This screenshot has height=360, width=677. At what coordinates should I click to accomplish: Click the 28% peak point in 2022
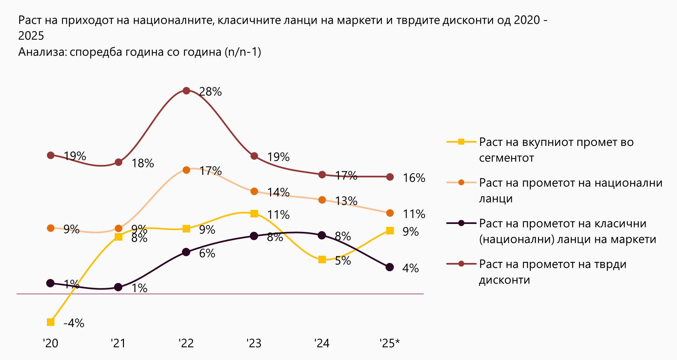point(186,91)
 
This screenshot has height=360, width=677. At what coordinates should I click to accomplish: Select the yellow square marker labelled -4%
point(50,322)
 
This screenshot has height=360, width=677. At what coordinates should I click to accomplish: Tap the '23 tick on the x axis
point(254,343)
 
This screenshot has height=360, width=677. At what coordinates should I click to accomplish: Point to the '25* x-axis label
point(389,343)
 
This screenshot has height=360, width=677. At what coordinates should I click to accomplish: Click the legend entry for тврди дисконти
point(553,272)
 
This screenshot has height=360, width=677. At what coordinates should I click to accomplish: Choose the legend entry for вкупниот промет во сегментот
point(556,150)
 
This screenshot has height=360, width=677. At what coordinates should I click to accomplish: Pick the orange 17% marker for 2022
point(186,170)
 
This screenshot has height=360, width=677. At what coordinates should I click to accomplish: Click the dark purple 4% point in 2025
point(390,267)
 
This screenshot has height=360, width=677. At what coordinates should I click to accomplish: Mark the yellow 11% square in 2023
point(254,214)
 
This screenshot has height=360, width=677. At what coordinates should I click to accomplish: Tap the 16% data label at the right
point(414,178)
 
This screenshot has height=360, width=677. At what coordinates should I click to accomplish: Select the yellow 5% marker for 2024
point(322,260)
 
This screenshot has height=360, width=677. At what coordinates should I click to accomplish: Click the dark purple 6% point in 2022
point(186,252)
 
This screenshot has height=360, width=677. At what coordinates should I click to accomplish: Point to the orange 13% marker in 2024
point(322,200)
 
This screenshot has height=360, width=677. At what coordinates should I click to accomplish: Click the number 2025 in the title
point(31,36)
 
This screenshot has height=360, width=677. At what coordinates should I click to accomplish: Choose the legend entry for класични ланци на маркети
point(567,231)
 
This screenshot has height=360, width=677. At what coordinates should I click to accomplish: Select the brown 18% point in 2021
point(119,162)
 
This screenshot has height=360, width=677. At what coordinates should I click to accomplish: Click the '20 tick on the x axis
point(50,343)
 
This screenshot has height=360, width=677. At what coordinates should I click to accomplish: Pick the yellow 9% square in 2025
point(390,231)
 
